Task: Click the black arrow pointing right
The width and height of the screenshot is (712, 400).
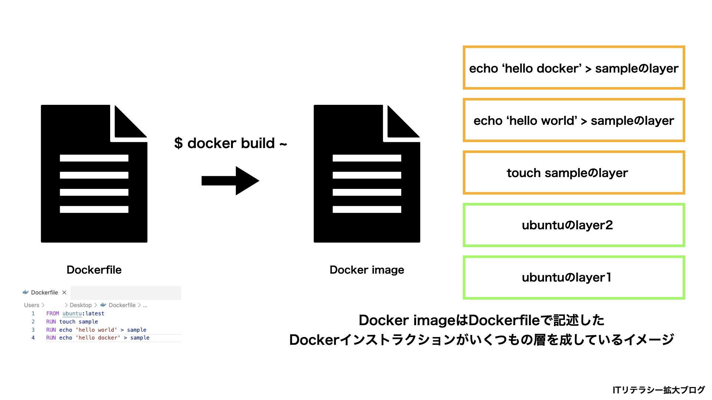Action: pyautogui.click(x=230, y=181)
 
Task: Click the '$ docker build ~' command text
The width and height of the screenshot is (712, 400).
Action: pyautogui.click(x=230, y=143)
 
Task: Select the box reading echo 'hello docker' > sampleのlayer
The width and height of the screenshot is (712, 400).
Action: pyautogui.click(x=573, y=68)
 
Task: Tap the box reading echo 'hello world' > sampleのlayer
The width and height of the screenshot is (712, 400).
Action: pyautogui.click(x=573, y=120)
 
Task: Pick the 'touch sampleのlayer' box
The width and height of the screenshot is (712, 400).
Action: pyautogui.click(x=573, y=173)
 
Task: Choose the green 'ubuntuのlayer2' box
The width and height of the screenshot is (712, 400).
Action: pyautogui.click(x=573, y=225)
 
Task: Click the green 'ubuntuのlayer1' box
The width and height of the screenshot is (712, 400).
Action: pyautogui.click(x=573, y=277)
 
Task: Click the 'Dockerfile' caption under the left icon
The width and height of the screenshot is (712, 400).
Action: pyautogui.click(x=94, y=270)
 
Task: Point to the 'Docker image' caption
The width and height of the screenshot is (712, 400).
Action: pyautogui.click(x=366, y=270)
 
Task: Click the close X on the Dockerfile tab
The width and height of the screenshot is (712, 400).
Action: pyautogui.click(x=64, y=293)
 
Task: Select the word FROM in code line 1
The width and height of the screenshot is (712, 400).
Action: pyautogui.click(x=52, y=313)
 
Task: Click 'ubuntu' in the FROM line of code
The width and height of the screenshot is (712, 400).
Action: pyautogui.click(x=72, y=313)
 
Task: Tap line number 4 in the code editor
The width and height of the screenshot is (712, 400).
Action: pyautogui.click(x=33, y=338)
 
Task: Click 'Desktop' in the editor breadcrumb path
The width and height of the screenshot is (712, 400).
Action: pyautogui.click(x=80, y=305)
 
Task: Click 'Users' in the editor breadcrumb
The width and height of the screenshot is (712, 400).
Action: pyautogui.click(x=32, y=305)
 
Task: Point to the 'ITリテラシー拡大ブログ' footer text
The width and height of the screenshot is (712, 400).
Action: pyautogui.click(x=658, y=390)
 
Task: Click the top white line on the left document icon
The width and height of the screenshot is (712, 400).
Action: pyautogui.click(x=94, y=158)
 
